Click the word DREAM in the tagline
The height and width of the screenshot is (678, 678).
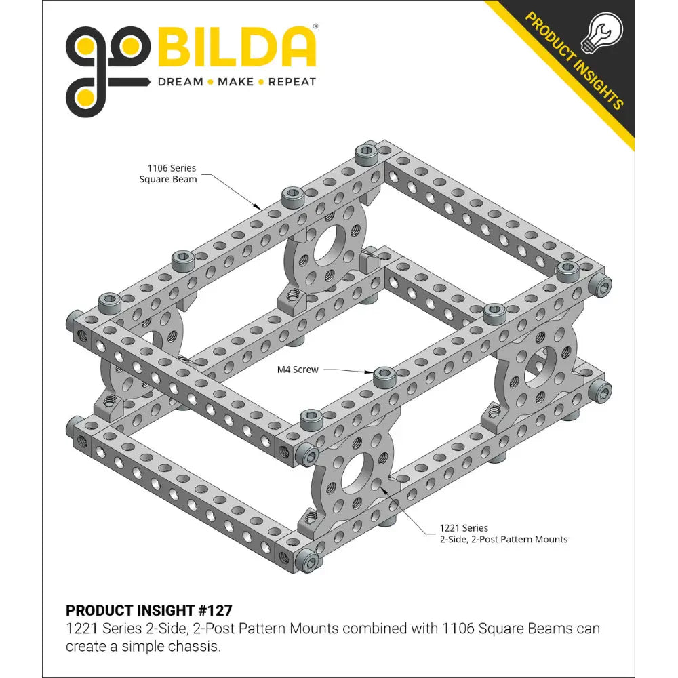(x=180, y=82)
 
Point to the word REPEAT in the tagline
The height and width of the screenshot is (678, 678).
(x=292, y=82)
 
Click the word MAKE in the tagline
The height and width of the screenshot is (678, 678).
(x=235, y=82)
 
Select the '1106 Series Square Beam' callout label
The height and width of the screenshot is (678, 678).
(x=167, y=174)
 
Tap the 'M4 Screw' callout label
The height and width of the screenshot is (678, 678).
(x=297, y=370)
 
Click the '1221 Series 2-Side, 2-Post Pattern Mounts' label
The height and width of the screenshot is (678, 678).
(x=503, y=534)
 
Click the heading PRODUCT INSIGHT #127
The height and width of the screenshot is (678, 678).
(x=148, y=610)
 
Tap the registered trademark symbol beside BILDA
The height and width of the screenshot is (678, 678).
(x=315, y=27)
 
